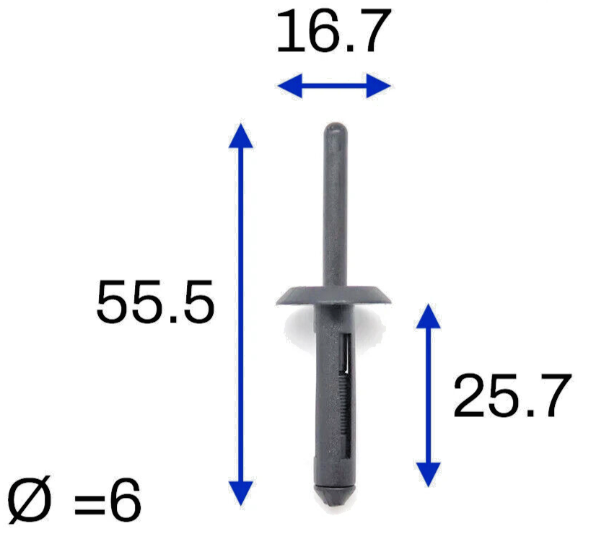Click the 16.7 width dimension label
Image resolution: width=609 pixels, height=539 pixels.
pyautogui.click(x=333, y=31)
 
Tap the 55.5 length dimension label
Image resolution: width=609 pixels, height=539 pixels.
pyautogui.click(x=155, y=302)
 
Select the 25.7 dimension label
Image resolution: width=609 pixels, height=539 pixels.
pyautogui.click(x=512, y=395)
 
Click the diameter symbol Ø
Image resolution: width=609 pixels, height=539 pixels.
pyautogui.click(x=30, y=499)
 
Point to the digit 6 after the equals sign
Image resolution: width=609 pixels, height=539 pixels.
pyautogui.click(x=125, y=500)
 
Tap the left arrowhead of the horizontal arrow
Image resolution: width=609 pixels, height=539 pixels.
pyautogui.click(x=290, y=85)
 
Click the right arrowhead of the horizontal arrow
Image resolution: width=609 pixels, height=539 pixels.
pyautogui.click(x=378, y=85)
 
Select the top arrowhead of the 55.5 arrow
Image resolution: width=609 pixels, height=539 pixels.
pyautogui.click(x=241, y=136)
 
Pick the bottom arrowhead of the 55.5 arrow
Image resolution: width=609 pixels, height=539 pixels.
pyautogui.click(x=241, y=493)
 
